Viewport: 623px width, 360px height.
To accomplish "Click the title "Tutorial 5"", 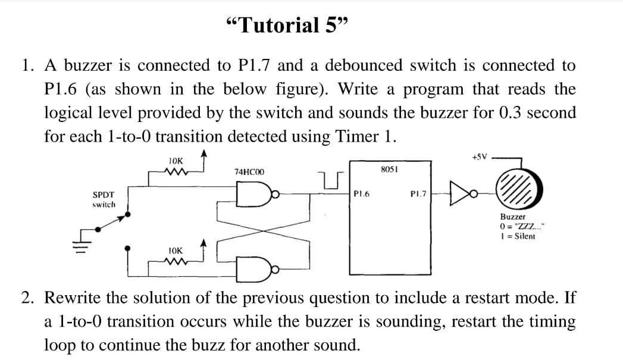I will point(286,26).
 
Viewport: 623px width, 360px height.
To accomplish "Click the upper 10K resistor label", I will point(176,161).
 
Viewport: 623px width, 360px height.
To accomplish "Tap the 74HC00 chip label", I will point(249,171).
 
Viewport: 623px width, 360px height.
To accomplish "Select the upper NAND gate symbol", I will point(248,193).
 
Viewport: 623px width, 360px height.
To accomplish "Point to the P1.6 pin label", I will point(362,193).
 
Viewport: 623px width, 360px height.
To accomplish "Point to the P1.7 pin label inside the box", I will point(419,193).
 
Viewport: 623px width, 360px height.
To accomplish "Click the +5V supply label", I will point(479,157).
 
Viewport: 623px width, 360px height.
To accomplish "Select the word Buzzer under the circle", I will point(512,218).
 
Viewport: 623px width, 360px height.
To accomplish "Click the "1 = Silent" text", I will point(518,236).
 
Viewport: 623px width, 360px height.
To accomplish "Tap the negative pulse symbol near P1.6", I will point(328,180).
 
